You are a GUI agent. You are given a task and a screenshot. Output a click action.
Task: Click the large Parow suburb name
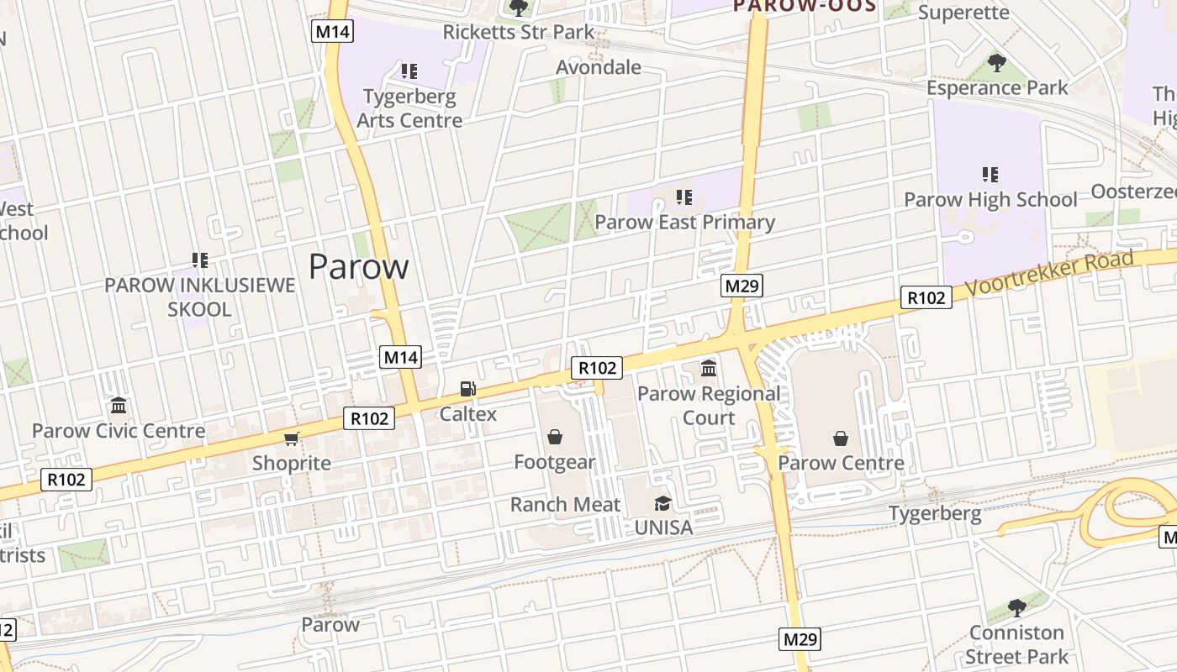359,266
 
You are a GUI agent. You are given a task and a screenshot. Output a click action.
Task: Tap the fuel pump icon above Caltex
468,389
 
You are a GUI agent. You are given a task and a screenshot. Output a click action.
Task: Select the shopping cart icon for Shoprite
292,438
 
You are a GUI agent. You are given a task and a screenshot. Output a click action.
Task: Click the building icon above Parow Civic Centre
119,406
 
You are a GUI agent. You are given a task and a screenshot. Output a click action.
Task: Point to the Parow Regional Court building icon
709,368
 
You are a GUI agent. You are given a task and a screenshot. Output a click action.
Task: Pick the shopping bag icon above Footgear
555,437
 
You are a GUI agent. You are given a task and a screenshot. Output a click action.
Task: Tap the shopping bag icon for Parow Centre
841,438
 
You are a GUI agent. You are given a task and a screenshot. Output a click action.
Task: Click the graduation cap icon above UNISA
663,503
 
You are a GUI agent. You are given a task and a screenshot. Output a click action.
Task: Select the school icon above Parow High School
990,175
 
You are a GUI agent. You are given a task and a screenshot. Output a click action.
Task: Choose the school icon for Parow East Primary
684,197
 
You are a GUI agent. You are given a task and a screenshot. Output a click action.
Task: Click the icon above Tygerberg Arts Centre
409,71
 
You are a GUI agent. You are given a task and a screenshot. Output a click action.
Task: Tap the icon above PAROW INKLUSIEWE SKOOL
200,260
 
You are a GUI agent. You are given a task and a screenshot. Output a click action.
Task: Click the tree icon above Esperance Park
997,62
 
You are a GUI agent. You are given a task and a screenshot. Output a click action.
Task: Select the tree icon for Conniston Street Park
1016,607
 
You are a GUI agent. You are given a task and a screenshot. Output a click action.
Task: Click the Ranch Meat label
565,505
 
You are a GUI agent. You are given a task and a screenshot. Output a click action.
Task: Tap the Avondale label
599,67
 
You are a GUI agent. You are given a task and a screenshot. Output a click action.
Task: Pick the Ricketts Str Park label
518,32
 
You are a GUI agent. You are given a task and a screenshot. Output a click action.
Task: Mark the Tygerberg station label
935,513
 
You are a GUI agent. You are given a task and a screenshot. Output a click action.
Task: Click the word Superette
963,12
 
